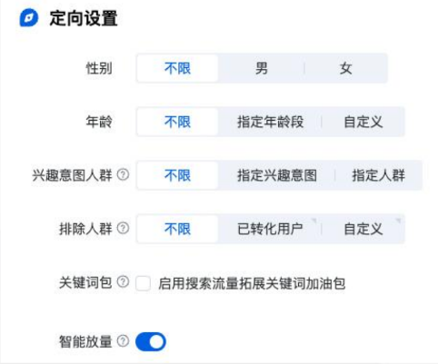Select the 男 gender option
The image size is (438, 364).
pos(261,68)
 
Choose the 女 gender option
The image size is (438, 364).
pos(345,68)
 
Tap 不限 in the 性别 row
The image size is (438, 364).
pos(177,68)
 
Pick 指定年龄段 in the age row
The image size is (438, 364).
pos(270,122)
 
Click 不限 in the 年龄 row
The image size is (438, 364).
pos(177,122)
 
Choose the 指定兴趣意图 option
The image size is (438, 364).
pos(276,175)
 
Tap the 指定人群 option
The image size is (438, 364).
pos(378,175)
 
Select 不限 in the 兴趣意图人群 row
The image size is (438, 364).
pos(177,175)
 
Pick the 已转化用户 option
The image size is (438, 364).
pos(270,229)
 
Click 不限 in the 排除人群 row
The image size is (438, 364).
pos(177,229)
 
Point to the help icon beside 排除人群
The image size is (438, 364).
pos(124,229)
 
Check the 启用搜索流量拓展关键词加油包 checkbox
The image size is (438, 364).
pos(143,284)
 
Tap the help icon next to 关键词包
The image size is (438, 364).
pos(124,283)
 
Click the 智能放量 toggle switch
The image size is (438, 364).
pos(151,341)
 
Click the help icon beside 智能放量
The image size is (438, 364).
pos(124,341)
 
